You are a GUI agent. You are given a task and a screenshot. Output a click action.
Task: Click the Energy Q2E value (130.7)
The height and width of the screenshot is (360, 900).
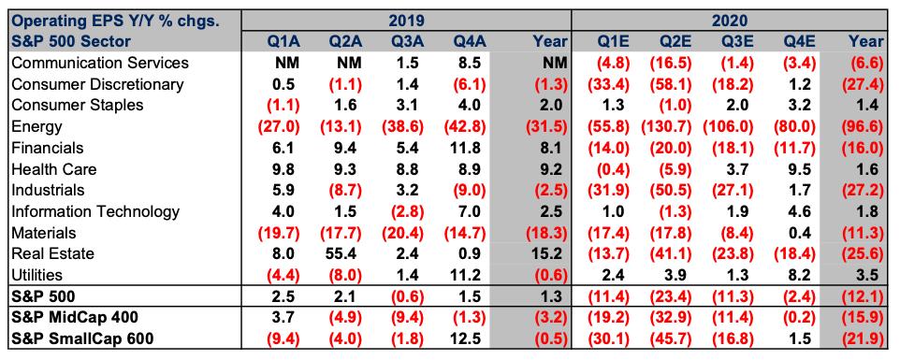(x=667, y=126)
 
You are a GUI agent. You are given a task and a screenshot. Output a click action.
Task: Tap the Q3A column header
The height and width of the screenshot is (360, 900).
(x=407, y=41)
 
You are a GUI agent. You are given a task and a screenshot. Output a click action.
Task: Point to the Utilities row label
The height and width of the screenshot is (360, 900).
(x=36, y=275)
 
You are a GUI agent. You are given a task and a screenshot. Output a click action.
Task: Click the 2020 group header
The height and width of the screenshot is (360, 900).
(x=730, y=22)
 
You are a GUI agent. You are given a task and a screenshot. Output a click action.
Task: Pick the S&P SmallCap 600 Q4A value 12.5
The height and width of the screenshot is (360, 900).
(x=470, y=338)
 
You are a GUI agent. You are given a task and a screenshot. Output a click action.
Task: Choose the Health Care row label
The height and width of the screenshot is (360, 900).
(x=54, y=169)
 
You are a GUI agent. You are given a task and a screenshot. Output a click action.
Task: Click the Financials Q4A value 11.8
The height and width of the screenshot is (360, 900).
(x=470, y=148)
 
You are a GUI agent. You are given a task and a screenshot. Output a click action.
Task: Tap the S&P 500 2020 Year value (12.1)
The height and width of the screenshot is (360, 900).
(x=864, y=296)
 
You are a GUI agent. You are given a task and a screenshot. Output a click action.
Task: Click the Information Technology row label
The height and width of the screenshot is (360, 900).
(x=95, y=211)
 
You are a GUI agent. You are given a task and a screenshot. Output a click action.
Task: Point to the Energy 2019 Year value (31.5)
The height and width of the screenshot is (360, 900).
(x=546, y=126)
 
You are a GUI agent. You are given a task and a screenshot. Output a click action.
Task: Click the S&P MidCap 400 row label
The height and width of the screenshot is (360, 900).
(x=75, y=318)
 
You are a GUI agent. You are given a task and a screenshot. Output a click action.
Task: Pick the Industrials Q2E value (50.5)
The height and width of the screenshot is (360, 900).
(x=667, y=191)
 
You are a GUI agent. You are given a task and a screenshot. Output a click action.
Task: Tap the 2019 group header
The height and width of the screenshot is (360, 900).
(x=406, y=22)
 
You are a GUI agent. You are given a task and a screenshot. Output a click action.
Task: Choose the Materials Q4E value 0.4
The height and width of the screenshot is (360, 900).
(x=798, y=233)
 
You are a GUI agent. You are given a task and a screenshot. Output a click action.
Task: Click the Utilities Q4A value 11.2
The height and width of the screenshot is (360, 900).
(x=470, y=275)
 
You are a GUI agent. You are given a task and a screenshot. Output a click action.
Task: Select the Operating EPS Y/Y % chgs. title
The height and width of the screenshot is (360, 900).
(x=116, y=22)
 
